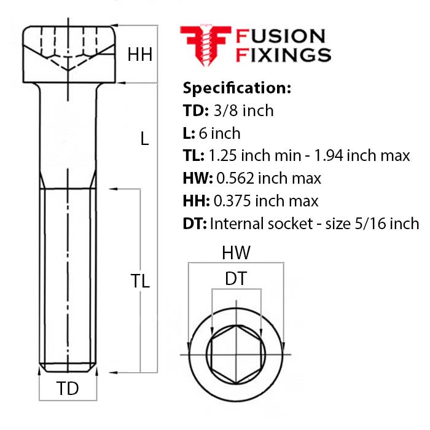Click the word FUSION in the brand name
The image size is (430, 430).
click(x=280, y=36)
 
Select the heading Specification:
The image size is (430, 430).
click(x=237, y=88)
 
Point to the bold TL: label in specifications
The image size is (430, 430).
click(x=195, y=156)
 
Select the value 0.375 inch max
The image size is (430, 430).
click(x=265, y=201)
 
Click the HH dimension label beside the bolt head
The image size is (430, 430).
click(x=139, y=55)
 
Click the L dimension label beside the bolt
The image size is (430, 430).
click(x=144, y=139)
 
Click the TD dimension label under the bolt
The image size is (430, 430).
click(x=68, y=388)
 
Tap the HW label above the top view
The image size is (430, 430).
click(x=237, y=252)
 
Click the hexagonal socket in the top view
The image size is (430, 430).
click(x=236, y=354)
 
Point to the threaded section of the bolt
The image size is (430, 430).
click(x=68, y=276)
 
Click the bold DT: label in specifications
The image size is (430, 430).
click(x=196, y=224)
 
